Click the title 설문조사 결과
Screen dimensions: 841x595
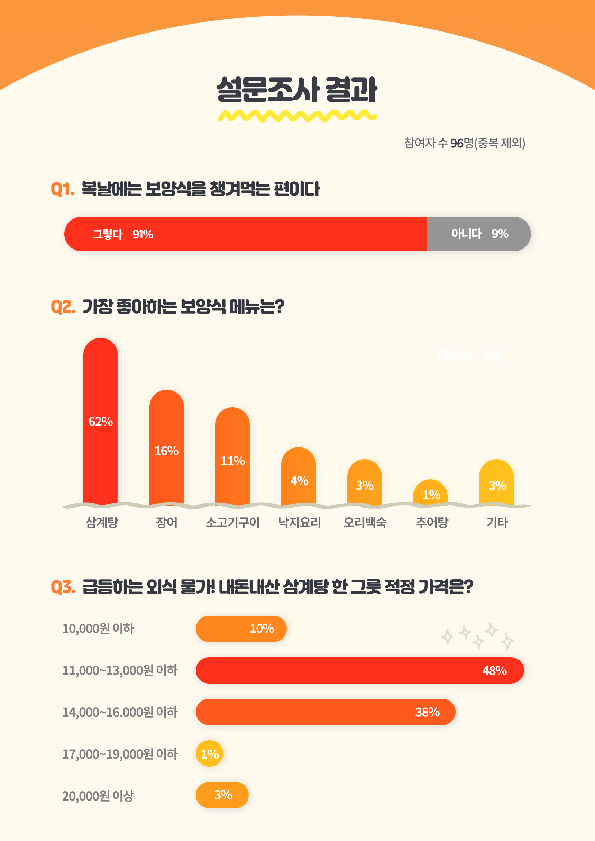click(x=297, y=89)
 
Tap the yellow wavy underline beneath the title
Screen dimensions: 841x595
click(x=297, y=116)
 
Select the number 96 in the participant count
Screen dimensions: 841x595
click(x=457, y=143)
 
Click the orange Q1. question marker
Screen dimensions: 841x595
click(x=62, y=189)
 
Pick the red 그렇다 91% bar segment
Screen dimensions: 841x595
click(x=246, y=234)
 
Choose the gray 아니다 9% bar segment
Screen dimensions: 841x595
click(x=478, y=234)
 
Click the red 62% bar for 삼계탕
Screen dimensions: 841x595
click(x=100, y=422)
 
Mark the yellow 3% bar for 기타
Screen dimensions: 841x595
click(x=496, y=484)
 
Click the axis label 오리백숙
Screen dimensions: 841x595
click(x=365, y=523)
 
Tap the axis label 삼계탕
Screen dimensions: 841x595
click(x=101, y=523)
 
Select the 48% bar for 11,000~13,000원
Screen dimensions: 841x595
click(x=359, y=670)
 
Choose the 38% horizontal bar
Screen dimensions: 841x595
click(x=325, y=712)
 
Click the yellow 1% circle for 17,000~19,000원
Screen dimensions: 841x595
click(x=210, y=753)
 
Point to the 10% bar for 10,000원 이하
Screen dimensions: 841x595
click(x=241, y=629)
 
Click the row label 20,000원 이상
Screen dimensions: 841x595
click(x=98, y=796)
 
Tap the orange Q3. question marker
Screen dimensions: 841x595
click(x=63, y=587)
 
